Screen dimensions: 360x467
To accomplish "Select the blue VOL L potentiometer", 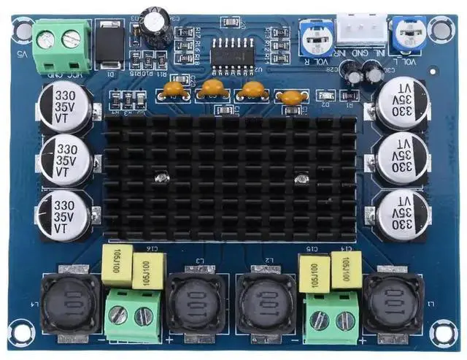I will click(x=405, y=31).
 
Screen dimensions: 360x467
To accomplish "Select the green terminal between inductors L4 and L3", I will click(x=133, y=315).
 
